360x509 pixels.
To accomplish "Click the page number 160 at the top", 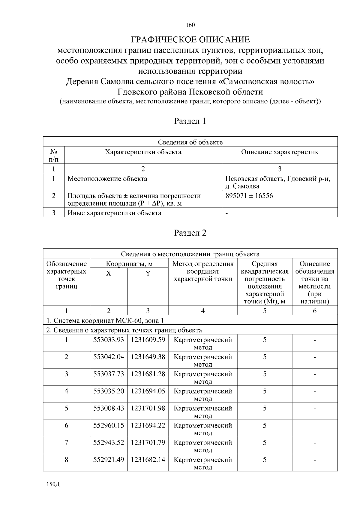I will click(190, 25).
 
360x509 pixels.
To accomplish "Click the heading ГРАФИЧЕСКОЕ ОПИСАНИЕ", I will click(190, 40).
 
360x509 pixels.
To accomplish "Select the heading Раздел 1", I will click(190, 121).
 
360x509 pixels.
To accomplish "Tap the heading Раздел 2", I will click(190, 233).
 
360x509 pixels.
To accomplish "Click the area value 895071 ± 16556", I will click(249, 196).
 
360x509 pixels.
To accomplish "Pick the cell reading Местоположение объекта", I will click(107, 179).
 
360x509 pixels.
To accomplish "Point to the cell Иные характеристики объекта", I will click(114, 213).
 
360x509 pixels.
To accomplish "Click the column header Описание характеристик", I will click(280, 152).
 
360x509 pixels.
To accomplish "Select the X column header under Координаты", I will click(109, 273).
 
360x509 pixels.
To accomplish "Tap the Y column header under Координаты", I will click(148, 273).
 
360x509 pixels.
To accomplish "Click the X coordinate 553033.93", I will click(109, 340).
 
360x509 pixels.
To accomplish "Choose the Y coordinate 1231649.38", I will click(148, 357).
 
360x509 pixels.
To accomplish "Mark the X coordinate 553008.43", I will click(109, 408).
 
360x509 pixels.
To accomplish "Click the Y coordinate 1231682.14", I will click(148, 460).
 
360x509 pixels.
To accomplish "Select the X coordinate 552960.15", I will click(109, 425).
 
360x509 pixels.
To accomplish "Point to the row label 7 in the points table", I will click(66, 442).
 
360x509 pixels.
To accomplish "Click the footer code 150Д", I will click(53, 484).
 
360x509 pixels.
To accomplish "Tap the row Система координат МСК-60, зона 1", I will click(105, 320).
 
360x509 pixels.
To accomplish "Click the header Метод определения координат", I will click(203, 271).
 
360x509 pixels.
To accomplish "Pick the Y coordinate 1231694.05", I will click(148, 391).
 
